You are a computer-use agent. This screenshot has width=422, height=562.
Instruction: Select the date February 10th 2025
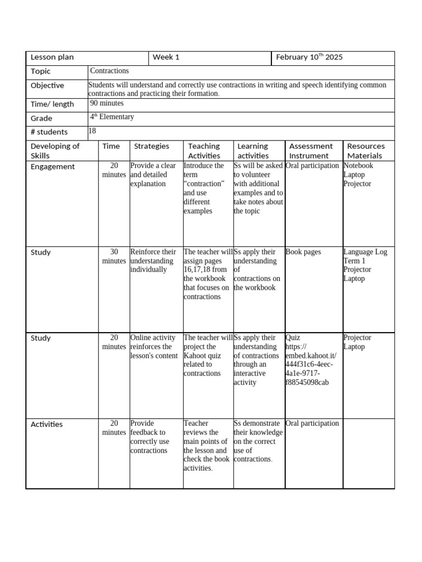pyautogui.click(x=309, y=58)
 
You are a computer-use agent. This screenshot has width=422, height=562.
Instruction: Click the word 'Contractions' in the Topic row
pyautogui.click(x=109, y=71)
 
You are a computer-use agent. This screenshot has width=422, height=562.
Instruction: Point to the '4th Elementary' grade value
pyautogui.click(x=112, y=117)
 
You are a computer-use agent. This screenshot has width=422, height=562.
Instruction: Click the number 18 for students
pyautogui.click(x=92, y=131)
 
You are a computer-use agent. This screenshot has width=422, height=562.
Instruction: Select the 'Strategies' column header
pyautogui.click(x=152, y=146)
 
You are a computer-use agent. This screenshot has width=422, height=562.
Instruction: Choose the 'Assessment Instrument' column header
pyautogui.click(x=311, y=151)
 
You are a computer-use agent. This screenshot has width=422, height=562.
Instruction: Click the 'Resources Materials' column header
pyautogui.click(x=366, y=151)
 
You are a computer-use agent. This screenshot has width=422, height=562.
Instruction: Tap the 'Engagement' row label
pyautogui.click(x=53, y=166)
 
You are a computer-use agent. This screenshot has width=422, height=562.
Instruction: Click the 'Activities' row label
pyautogui.click(x=47, y=424)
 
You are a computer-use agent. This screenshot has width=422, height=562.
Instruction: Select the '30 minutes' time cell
pyautogui.click(x=114, y=256)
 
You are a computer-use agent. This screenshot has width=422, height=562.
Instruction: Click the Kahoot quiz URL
pyautogui.click(x=309, y=360)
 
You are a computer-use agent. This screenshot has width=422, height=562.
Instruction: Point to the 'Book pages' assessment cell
pyautogui.click(x=303, y=252)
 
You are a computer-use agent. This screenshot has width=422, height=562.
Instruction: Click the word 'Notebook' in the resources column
pyautogui.click(x=358, y=166)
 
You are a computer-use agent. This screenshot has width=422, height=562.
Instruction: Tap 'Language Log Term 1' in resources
pyautogui.click(x=365, y=256)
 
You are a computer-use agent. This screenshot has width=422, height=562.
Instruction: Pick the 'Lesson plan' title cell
pyautogui.click(x=52, y=58)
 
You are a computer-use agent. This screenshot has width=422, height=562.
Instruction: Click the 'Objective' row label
pyautogui.click(x=47, y=86)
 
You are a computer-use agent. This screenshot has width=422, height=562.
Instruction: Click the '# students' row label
pyautogui.click(x=49, y=132)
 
